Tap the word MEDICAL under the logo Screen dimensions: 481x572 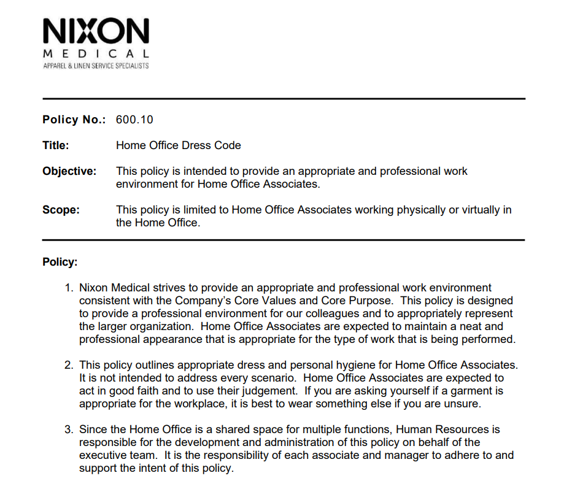point(96,53)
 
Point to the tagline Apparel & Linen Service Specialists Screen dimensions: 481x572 point(96,66)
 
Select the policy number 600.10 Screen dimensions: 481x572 point(130,120)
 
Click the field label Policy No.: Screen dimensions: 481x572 point(74,120)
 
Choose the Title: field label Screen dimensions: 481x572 point(56,145)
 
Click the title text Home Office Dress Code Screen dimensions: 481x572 point(179,145)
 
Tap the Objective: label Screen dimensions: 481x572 point(69,171)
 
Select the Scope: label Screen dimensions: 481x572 point(61,210)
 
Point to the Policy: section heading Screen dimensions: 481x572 point(60,262)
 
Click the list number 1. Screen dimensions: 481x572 point(69,288)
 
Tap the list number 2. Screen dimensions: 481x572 point(69,365)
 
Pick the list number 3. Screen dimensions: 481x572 point(69,429)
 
